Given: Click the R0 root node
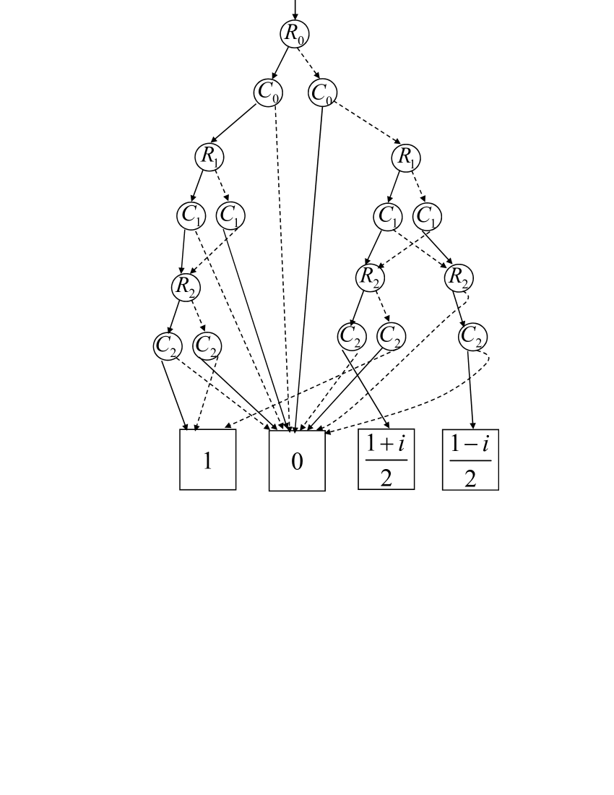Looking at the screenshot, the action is pos(294,34).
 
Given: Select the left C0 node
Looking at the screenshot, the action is pos(268,93).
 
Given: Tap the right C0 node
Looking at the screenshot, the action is pos(322,93).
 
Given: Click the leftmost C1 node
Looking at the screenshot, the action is pos(191,215).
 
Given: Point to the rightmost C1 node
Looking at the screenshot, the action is pos(428,215).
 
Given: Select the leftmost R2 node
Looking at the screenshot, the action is pos(186,286).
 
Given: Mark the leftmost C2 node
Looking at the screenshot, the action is pos(168,345).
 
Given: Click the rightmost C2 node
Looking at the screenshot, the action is pos(473,336).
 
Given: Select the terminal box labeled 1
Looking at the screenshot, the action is pos(208,460).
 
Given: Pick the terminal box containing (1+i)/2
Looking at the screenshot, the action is pos(386,460).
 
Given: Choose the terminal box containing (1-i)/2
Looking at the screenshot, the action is pos(471,460).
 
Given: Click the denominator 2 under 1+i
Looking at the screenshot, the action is pos(386,477).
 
